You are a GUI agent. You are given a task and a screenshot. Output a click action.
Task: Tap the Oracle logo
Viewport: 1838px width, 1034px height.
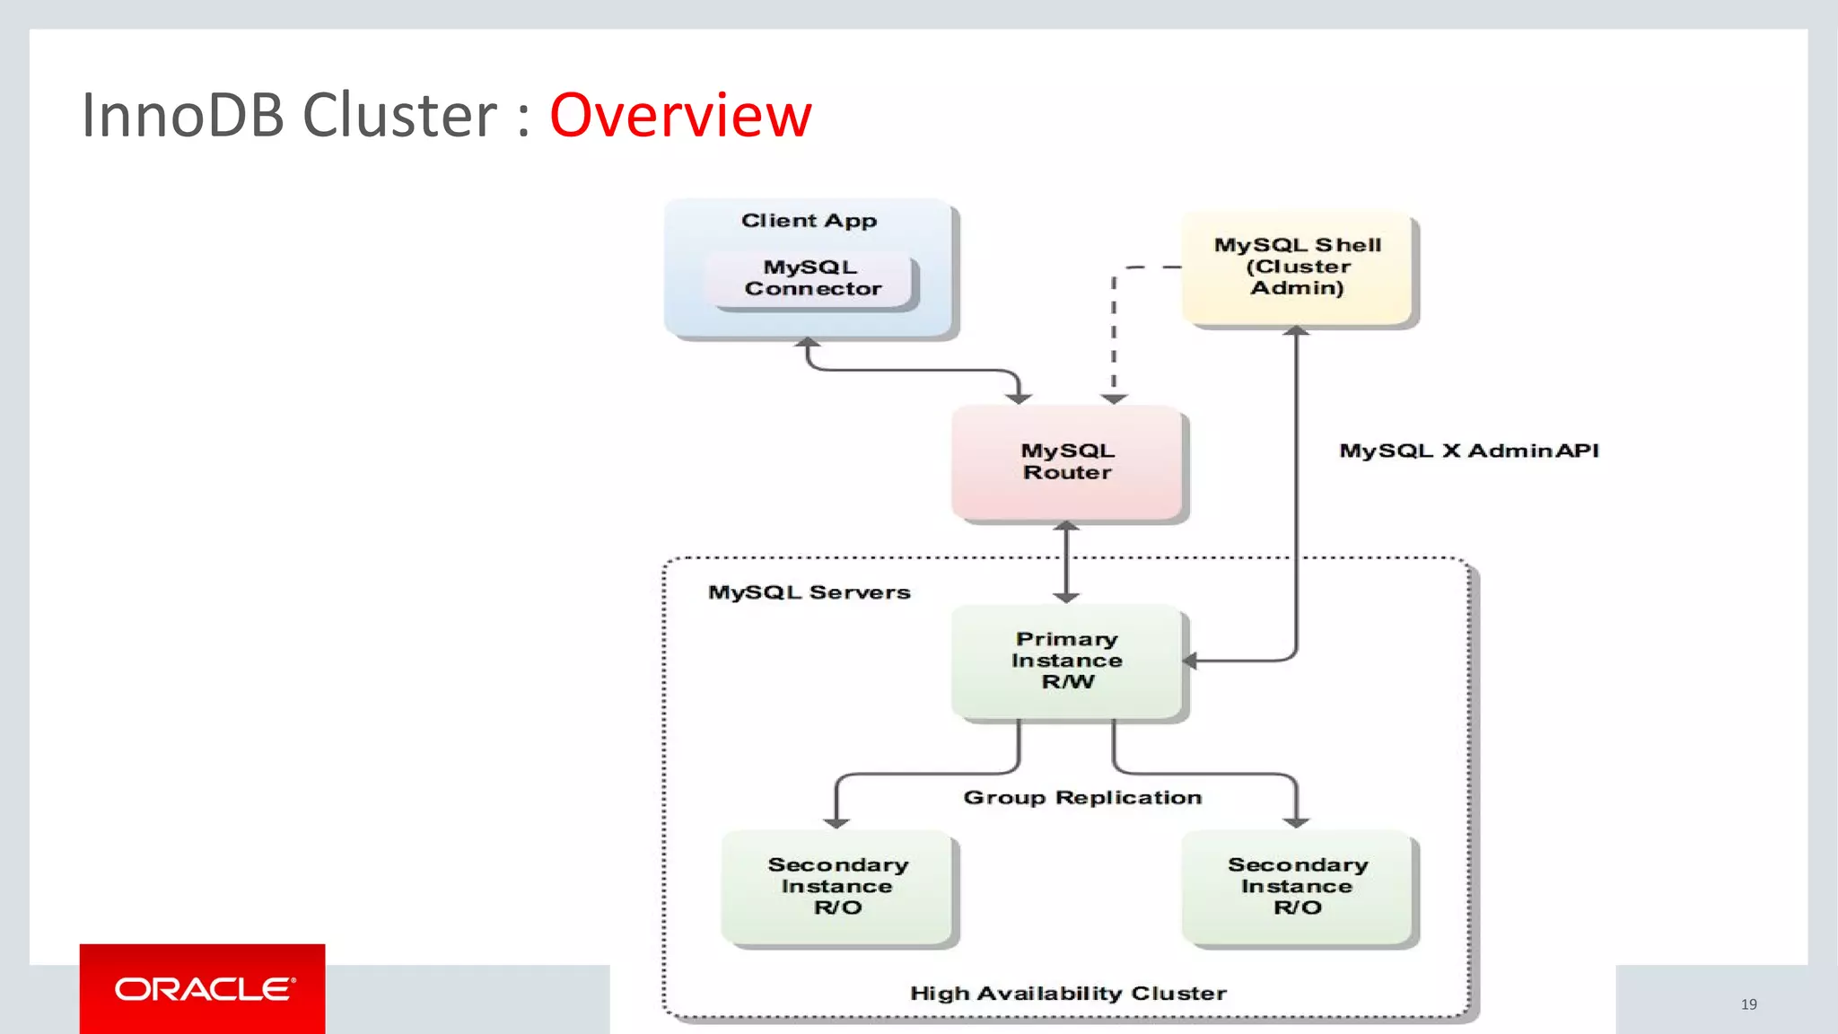click(x=203, y=989)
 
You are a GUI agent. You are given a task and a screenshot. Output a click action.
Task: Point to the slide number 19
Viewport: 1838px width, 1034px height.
click(x=1748, y=1004)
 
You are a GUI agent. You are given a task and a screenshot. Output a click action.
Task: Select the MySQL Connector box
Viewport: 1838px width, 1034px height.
click(x=812, y=278)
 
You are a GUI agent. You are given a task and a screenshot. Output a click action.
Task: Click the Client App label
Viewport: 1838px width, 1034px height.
click(x=809, y=221)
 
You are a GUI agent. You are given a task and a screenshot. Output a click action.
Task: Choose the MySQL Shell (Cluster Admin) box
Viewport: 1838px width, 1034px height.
click(x=1297, y=267)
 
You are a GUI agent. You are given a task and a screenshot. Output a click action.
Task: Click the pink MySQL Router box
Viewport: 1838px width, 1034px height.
click(x=1067, y=462)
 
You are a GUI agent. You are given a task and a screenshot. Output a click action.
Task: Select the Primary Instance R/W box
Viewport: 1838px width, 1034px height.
click(x=1067, y=661)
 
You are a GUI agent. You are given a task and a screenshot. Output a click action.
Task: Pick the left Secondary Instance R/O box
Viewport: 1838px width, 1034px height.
click(x=837, y=887)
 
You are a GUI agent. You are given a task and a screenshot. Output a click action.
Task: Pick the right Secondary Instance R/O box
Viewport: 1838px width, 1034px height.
click(x=1297, y=887)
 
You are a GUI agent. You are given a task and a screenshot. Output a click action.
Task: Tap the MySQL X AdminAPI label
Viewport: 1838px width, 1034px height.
click(x=1468, y=451)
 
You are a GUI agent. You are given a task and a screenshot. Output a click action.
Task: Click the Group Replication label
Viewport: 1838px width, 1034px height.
click(x=1082, y=798)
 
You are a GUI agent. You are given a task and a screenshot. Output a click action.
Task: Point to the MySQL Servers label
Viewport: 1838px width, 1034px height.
click(x=809, y=592)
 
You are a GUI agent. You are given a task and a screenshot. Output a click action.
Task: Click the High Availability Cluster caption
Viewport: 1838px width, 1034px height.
click(x=1068, y=994)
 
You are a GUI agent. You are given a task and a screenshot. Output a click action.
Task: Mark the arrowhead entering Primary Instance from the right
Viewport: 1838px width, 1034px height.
click(x=1191, y=662)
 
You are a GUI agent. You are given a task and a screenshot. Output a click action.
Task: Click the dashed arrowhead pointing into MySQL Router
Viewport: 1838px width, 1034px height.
click(x=1114, y=398)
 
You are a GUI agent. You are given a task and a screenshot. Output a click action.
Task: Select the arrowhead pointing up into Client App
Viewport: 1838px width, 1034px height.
click(x=808, y=343)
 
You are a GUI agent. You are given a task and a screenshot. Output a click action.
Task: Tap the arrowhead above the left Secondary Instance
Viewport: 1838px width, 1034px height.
click(x=836, y=822)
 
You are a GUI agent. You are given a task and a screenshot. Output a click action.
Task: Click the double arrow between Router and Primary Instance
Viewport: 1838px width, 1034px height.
click(x=1066, y=562)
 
